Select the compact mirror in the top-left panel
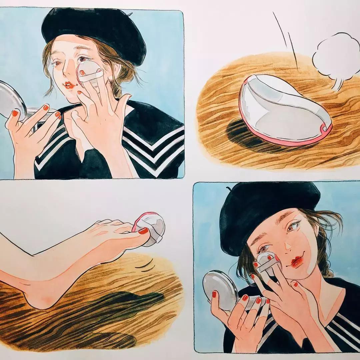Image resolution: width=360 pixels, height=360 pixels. tap(12, 100)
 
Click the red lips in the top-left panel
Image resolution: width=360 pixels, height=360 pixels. tap(69, 86)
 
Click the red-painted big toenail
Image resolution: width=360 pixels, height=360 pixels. tap(144, 230)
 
